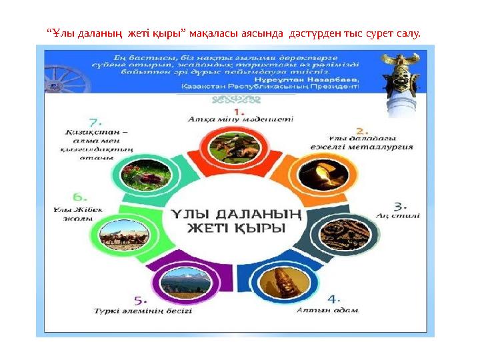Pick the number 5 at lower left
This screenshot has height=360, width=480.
(139, 299)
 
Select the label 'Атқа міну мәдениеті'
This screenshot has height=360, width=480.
(239, 119)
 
